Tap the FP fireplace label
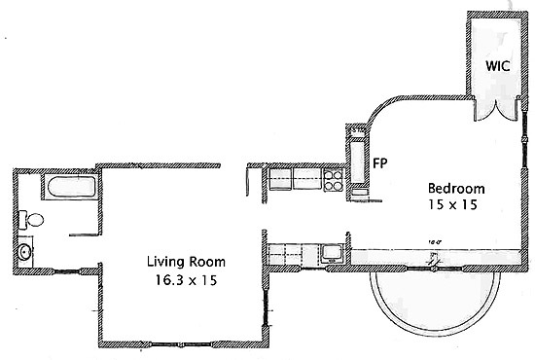pyautogui.click(x=381, y=162)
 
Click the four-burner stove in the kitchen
pyautogui.click(x=332, y=179)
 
